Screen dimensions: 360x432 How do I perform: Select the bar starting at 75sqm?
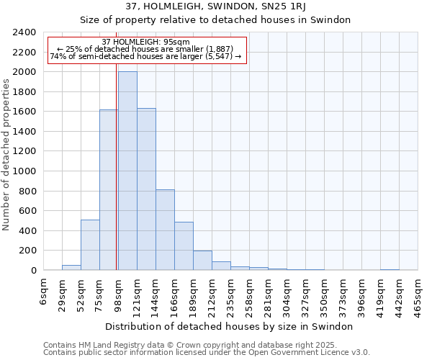click(x=109, y=190)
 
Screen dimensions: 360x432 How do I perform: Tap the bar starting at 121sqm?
click(x=146, y=189)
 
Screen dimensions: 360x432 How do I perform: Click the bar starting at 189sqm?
click(x=202, y=261)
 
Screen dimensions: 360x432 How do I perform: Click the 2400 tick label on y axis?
click(x=24, y=33)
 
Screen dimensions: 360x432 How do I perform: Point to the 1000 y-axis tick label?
click(x=24, y=171)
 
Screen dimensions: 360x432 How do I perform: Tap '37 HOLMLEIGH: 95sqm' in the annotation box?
click(x=146, y=42)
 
